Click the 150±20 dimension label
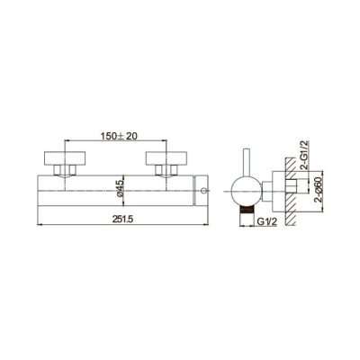pyautogui.click(x=119, y=136)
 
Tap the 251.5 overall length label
pyautogui.click(x=122, y=220)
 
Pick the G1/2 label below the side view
pyautogui.click(x=266, y=221)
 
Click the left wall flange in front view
pyautogui.click(x=65, y=158)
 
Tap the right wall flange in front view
pyautogui.click(x=166, y=158)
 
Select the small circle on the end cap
pyautogui.click(x=204, y=190)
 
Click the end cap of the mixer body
pyautogui.click(x=201, y=191)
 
